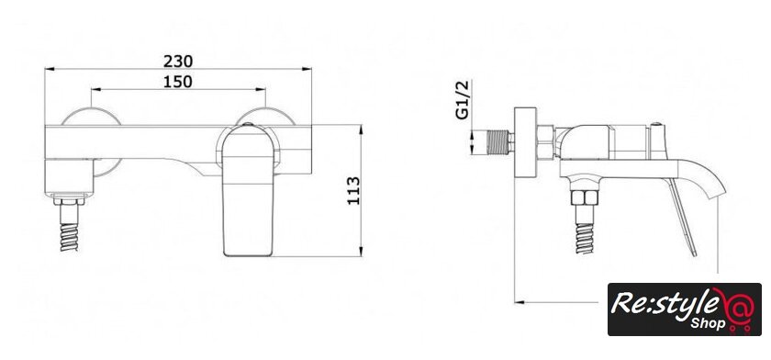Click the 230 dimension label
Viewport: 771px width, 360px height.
(178, 62)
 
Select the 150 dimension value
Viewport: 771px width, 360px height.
(178, 82)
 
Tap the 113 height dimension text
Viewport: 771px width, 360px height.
(353, 191)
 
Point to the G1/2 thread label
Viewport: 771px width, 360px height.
(463, 100)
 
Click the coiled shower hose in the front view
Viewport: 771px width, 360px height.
(69, 238)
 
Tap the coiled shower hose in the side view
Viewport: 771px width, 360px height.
(584, 239)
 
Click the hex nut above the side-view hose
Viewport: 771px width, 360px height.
(584, 197)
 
